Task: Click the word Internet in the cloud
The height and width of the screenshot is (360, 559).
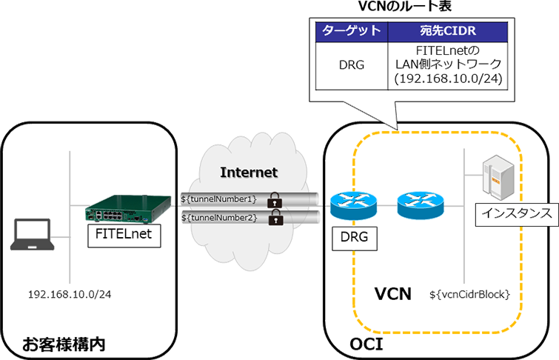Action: tap(249, 173)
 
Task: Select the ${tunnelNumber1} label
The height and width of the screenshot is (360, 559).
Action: tap(219, 199)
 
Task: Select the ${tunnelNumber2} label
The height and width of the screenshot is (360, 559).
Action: tap(219, 218)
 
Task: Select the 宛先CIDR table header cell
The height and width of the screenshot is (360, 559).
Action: tap(448, 32)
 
